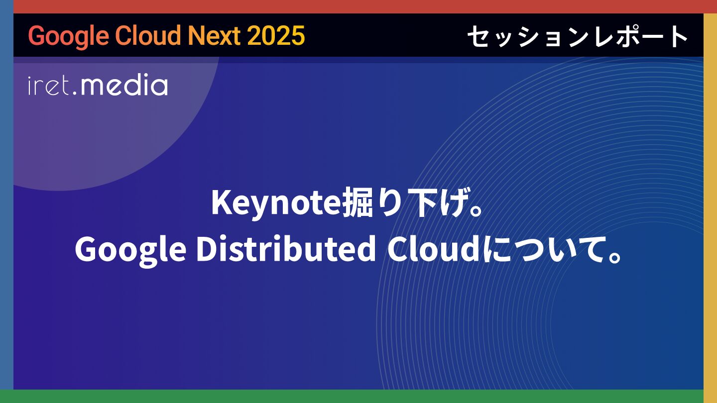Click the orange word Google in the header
[69, 36]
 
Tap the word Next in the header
[215, 35]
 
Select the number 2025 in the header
[276, 35]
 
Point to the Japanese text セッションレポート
[578, 36]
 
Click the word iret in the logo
[49, 86]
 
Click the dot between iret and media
[75, 93]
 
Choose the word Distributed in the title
[286, 249]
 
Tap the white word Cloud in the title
[433, 249]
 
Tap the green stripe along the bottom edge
[358, 396]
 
